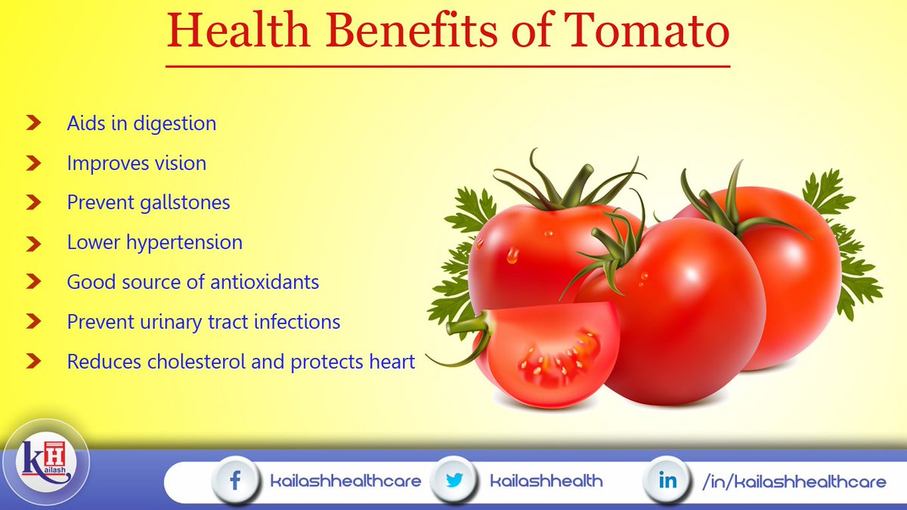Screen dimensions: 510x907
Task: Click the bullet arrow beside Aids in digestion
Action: (x=33, y=122)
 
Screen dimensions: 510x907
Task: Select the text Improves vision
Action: (x=136, y=162)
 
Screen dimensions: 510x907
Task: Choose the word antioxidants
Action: (x=266, y=282)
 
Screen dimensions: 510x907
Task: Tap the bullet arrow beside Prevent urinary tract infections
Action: (x=33, y=322)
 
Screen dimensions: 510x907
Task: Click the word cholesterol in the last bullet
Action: (x=187, y=361)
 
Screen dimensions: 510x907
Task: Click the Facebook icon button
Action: (x=234, y=481)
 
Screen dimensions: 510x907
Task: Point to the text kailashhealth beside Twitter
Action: (x=546, y=481)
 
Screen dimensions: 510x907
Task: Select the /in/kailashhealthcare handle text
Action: (x=794, y=481)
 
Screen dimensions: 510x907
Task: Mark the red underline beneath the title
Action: (x=447, y=66)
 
